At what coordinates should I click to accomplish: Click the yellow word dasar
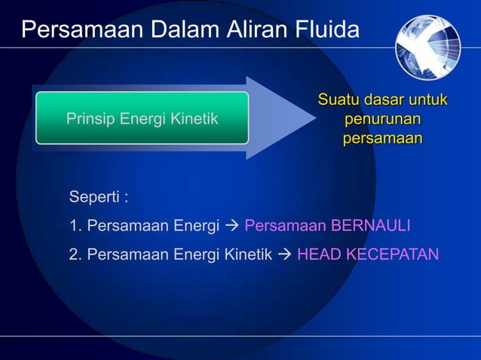coord(384,100)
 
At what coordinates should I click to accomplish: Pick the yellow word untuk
coord(428,100)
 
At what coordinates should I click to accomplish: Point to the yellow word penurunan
coord(382,120)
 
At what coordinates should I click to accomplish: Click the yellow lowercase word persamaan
coord(382,139)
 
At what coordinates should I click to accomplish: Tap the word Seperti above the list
coord(96,198)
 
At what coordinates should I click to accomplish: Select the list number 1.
coord(74,226)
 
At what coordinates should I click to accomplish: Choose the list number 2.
coord(74,255)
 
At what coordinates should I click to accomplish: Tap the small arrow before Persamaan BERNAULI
coord(232,226)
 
